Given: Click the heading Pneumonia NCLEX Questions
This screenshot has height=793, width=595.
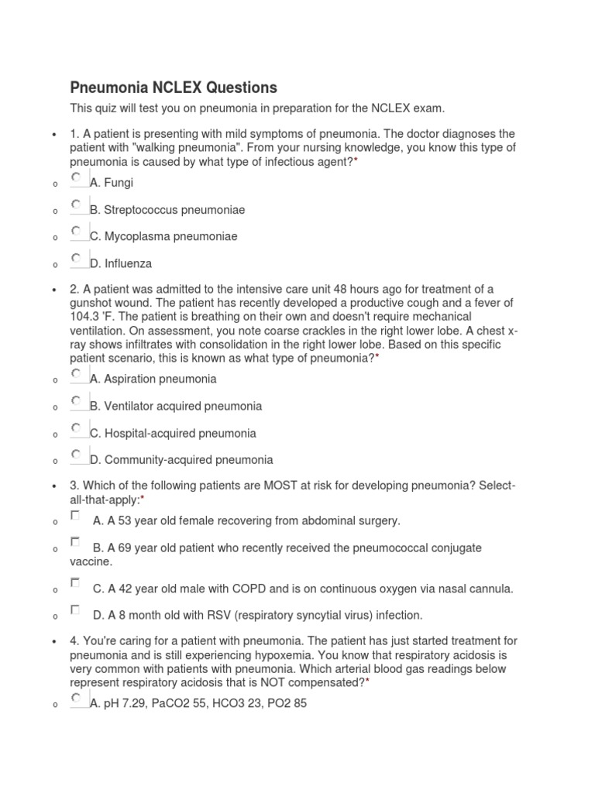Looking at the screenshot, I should [x=174, y=87].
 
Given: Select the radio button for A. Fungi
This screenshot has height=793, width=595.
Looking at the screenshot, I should [x=76, y=177].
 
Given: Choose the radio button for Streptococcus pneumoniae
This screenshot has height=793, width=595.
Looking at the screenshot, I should [x=76, y=204].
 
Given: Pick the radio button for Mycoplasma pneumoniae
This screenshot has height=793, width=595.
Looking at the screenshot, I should [x=76, y=231].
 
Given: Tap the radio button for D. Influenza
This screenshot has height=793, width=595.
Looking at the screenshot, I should [x=76, y=258].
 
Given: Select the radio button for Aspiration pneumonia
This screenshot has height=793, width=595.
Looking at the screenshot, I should [x=76, y=374].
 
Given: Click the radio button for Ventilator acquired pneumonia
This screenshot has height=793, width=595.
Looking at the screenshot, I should [x=76, y=401].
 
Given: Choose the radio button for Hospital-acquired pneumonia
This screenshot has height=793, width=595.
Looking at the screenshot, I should [x=76, y=427].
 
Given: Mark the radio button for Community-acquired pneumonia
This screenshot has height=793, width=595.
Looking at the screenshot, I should [x=76, y=455].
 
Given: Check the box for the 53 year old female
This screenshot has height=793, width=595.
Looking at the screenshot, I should [x=75, y=515].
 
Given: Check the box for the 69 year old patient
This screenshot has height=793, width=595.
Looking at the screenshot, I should [x=75, y=542].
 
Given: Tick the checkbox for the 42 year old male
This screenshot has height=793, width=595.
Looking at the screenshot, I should [x=75, y=582].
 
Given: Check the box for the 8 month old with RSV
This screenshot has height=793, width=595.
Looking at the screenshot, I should [x=75, y=609].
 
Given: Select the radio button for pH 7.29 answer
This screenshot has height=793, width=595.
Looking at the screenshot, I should [x=76, y=699].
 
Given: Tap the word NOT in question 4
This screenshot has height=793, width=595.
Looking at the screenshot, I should [x=295, y=682].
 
